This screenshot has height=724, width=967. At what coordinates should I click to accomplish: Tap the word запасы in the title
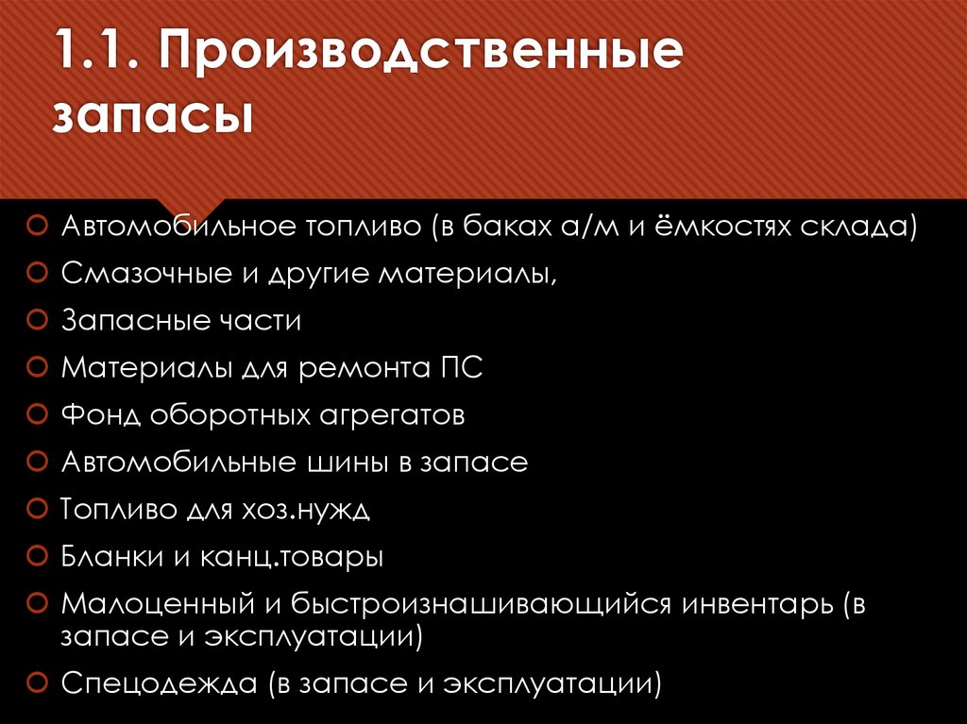(x=152, y=120)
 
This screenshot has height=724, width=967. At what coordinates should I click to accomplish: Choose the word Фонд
(x=101, y=415)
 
